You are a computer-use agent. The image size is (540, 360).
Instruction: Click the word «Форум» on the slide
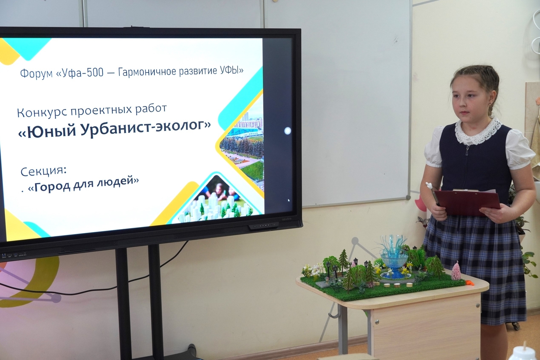(36, 73)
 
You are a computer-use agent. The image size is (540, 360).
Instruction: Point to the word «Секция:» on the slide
(44, 171)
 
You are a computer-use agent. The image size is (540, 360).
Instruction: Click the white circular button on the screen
(288, 131)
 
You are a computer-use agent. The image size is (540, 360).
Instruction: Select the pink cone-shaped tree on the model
(456, 272)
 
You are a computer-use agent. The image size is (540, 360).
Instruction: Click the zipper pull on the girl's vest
(467, 151)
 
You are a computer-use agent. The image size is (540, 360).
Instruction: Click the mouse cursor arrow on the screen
(289, 200)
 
